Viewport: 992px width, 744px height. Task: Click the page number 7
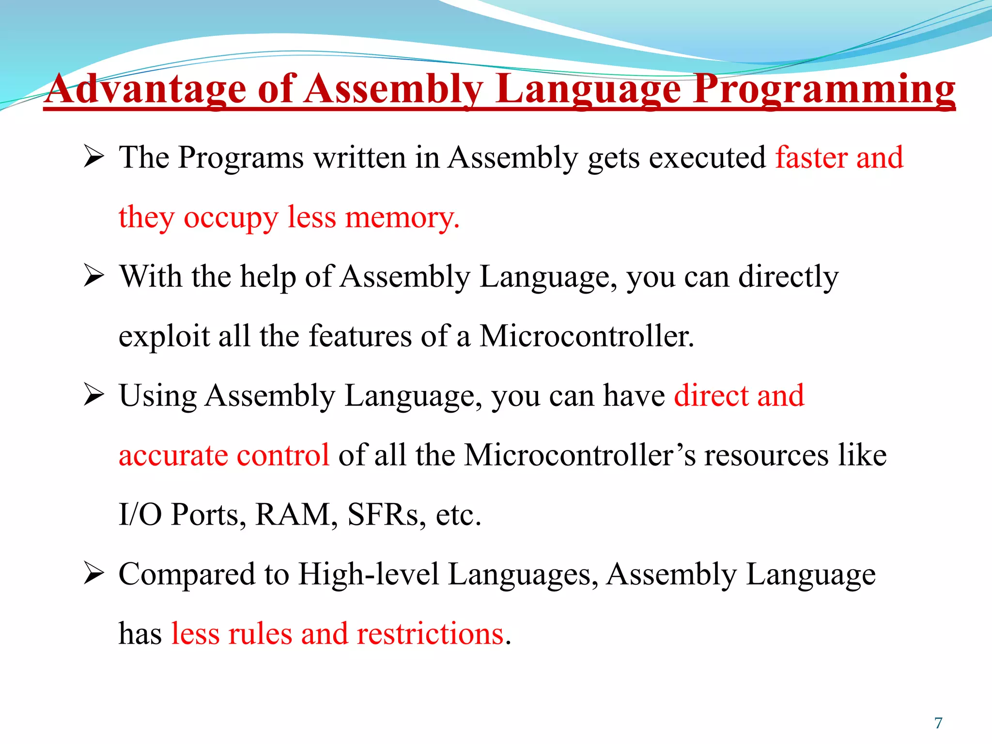[x=938, y=723]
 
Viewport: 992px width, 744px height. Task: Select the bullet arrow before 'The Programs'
[x=93, y=157]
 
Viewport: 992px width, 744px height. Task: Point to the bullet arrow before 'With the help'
[x=93, y=277]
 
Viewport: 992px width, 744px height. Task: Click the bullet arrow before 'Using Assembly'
[x=93, y=396]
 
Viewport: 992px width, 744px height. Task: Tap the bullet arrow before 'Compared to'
[x=93, y=574]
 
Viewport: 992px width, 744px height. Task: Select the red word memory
[x=402, y=217]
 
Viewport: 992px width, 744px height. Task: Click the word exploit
[x=164, y=336]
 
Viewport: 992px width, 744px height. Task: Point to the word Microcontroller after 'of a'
[x=586, y=336]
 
